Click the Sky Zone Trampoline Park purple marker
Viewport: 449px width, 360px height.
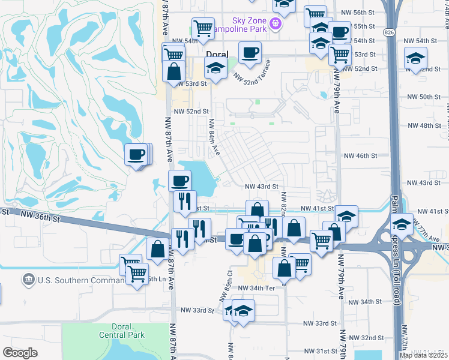(x=276, y=23)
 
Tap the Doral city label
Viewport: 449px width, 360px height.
(x=217, y=54)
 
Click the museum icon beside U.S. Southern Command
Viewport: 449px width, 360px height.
(x=28, y=280)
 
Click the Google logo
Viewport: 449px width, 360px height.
(x=20, y=353)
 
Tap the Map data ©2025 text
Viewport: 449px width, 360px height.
(x=424, y=355)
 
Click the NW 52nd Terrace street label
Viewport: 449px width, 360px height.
(x=253, y=73)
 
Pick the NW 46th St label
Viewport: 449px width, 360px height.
(x=360, y=155)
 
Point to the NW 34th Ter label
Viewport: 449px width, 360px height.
(x=256, y=288)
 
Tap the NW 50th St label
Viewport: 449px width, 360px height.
(x=424, y=97)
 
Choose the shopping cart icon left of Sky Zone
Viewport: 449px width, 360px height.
(x=203, y=28)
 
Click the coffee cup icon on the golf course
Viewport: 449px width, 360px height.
(x=136, y=155)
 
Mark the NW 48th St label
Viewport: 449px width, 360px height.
(x=424, y=125)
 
